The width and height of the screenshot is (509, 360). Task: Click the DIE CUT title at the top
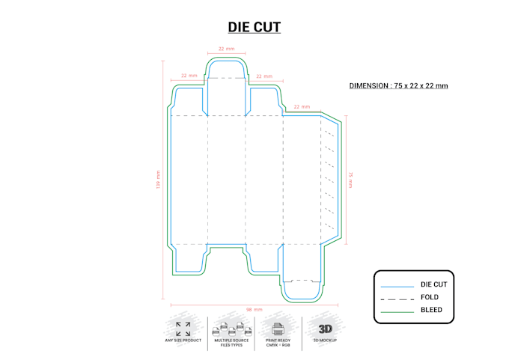click(254, 28)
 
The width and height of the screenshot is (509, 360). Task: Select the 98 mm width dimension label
click(254, 309)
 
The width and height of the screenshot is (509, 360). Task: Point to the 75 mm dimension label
click(350, 180)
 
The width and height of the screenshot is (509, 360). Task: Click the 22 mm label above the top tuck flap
click(226, 49)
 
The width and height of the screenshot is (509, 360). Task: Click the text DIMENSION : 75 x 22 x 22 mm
click(398, 85)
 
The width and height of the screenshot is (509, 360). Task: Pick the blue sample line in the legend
click(397, 286)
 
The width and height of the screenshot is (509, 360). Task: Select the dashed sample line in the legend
click(397, 298)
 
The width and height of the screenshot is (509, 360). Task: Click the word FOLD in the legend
click(430, 297)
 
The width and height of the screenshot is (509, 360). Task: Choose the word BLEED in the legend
click(431, 310)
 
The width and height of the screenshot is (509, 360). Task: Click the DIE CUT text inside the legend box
click(433, 285)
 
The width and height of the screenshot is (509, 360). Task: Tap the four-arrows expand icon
click(183, 329)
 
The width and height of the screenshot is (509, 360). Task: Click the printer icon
click(277, 329)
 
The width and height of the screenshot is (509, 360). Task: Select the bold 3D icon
click(326, 328)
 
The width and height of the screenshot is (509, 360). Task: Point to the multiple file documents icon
click(230, 329)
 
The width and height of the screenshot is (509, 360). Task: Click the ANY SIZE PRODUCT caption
click(183, 341)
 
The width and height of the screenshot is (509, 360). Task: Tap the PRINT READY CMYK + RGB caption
click(278, 343)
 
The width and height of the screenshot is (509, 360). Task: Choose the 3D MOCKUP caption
click(325, 341)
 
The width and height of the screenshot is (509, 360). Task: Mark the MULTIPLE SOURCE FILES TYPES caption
click(230, 343)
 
